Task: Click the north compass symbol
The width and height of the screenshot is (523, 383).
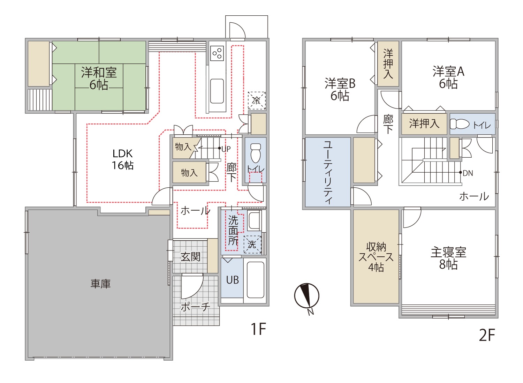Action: (306, 296)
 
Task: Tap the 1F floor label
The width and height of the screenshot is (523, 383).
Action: (258, 329)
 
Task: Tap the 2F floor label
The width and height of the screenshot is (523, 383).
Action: (487, 335)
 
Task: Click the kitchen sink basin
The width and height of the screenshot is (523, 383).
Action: (217, 91)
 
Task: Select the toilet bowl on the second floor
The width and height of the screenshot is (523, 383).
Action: (460, 124)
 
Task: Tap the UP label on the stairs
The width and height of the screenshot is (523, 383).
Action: (226, 149)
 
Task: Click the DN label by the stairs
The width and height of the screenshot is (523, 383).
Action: (468, 173)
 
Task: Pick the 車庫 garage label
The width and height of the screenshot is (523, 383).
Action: (100, 284)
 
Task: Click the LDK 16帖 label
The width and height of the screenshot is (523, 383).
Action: (122, 159)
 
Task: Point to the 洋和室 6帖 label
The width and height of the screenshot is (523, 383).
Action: (99, 78)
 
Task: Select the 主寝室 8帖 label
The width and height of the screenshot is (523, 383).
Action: (448, 258)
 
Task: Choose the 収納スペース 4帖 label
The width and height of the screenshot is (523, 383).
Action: (376, 257)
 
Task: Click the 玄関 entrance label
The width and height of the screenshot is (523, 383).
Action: (190, 257)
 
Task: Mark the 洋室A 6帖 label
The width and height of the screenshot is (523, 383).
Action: (448, 77)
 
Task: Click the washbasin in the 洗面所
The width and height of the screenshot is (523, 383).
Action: (255, 220)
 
